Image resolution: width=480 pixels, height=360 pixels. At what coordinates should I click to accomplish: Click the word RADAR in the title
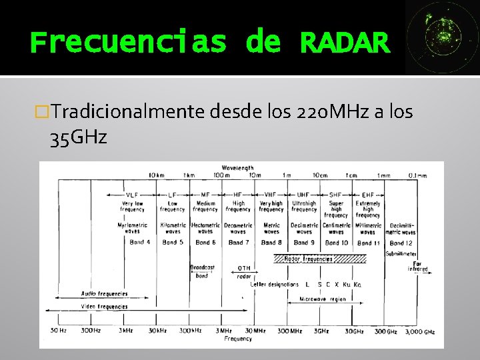(344, 42)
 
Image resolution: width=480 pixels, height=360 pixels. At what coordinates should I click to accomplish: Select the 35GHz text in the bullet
(78, 138)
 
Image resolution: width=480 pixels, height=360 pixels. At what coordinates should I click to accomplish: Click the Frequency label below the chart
(238, 339)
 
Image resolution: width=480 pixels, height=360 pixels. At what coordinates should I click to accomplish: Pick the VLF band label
(133, 194)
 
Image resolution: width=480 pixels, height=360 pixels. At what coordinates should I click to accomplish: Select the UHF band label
(304, 194)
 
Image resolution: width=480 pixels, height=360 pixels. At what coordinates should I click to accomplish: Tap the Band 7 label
(238, 243)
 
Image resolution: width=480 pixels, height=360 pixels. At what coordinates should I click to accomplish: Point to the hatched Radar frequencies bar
(307, 258)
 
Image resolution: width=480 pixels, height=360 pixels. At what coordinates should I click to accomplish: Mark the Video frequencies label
(103, 307)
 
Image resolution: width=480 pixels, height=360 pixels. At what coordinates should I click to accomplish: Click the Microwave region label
(323, 299)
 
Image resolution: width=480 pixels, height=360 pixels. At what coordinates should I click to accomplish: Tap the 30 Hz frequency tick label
(58, 331)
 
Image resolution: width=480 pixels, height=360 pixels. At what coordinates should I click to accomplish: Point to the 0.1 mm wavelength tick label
(418, 175)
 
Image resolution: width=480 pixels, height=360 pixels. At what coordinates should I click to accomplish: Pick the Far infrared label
(418, 267)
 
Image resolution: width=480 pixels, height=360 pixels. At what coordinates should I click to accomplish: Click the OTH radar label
(244, 271)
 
